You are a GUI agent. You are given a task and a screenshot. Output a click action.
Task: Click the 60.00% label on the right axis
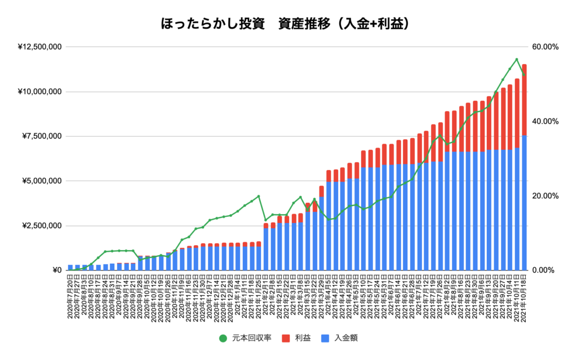[545, 47]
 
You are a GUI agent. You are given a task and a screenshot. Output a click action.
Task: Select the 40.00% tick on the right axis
[545, 122]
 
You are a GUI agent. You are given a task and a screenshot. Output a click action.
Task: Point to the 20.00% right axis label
[545, 196]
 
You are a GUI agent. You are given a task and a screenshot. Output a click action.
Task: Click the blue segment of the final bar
[524, 203]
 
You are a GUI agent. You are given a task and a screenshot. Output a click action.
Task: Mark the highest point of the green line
[517, 59]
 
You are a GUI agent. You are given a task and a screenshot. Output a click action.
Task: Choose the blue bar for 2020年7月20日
[70, 267]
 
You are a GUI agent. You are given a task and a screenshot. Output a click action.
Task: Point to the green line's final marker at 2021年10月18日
[524, 75]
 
